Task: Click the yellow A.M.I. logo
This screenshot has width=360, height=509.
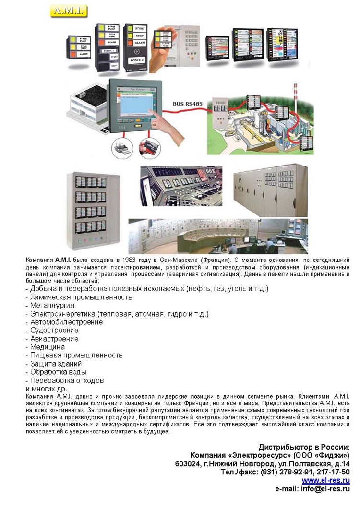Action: coord(68,11)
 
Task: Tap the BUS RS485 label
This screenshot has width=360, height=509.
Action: coord(187,103)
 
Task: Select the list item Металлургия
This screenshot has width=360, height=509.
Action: coord(52,305)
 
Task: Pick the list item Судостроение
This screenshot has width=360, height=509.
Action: coord(54,330)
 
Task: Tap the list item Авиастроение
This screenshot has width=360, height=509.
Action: coord(54,339)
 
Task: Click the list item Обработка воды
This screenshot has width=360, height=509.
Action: coord(59,372)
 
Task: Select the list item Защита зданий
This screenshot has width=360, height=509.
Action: coord(56,364)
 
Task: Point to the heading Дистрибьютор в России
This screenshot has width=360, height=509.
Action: coord(304,446)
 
